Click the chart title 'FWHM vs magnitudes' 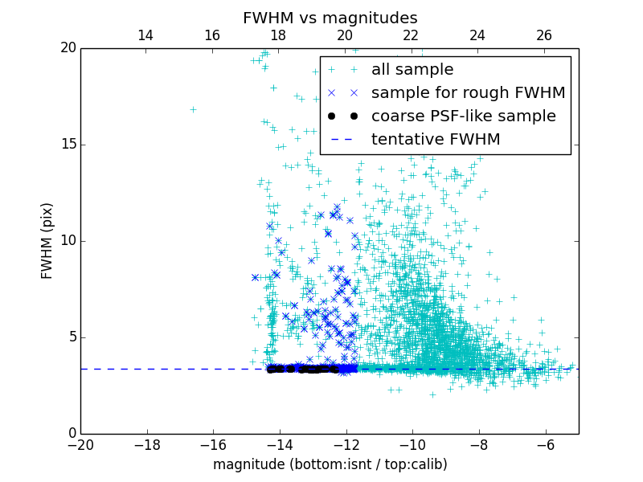(330, 18)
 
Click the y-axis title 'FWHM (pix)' (47, 240)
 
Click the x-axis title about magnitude (330, 464)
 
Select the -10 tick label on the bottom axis (412, 444)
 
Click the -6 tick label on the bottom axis (545, 444)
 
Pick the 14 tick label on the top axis (145, 35)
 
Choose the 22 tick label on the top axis (411, 35)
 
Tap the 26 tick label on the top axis (544, 35)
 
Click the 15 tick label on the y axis (67, 145)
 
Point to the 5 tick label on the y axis (71, 337)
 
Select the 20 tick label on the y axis (67, 48)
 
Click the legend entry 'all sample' (412, 70)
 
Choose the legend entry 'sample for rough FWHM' (468, 93)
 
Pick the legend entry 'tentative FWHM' (436, 139)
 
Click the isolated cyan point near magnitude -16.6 (193, 109)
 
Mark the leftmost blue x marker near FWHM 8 (255, 277)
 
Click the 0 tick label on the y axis (71, 434)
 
